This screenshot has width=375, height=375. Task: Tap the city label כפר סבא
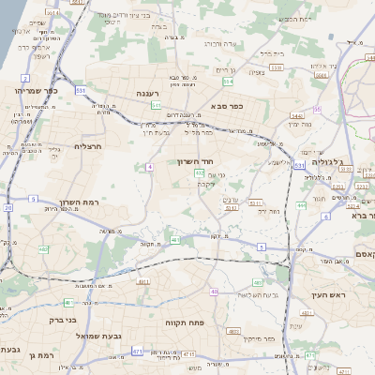pyautogui.click(x=228, y=106)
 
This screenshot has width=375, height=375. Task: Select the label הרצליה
pyautogui.click(x=87, y=146)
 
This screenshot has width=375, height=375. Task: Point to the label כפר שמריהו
pyautogui.click(x=35, y=90)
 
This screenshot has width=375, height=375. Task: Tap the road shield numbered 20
pyautogui.click(x=8, y=208)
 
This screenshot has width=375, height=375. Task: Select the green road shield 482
pyautogui.click(x=44, y=248)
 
